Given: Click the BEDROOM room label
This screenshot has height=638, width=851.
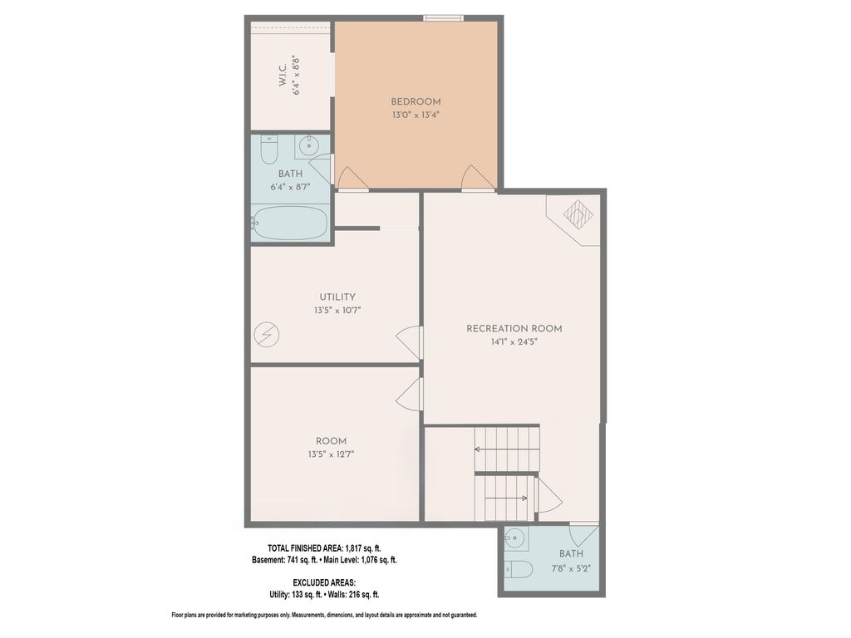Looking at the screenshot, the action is tap(416, 102).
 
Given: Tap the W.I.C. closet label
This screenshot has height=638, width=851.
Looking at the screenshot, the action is tap(283, 75).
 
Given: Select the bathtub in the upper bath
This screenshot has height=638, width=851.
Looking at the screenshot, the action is tap(290, 223).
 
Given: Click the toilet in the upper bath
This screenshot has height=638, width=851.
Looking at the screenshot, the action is tap(269, 149).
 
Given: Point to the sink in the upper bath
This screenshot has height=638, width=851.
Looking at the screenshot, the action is tap(309, 145).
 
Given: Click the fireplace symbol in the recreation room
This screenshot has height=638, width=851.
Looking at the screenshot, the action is tap(578, 213).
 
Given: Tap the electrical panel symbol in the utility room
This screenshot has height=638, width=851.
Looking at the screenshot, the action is tap(267, 335).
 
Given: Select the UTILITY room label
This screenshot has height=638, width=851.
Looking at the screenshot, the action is tap(337, 297).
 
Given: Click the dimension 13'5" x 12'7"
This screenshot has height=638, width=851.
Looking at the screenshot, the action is tap(331, 454).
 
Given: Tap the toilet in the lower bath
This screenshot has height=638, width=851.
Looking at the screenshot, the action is tap(519, 569).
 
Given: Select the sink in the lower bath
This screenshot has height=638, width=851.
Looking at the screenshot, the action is tap(514, 538).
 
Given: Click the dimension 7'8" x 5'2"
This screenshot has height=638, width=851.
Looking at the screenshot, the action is tap(571, 568).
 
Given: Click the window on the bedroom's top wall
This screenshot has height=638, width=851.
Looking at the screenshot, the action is tap(444, 18).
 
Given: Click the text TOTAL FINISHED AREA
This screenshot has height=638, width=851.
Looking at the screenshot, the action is tap(304, 548).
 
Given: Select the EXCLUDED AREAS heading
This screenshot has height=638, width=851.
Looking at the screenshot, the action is tap(324, 582).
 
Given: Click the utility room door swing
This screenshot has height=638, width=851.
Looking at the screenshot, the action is tap(409, 343).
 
